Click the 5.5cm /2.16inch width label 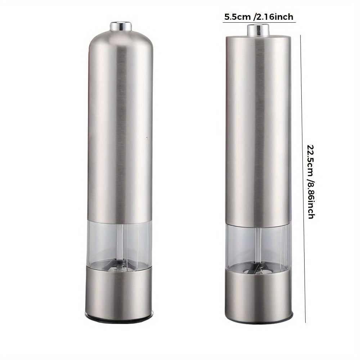click(259, 17)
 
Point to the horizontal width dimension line click(259, 22)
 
